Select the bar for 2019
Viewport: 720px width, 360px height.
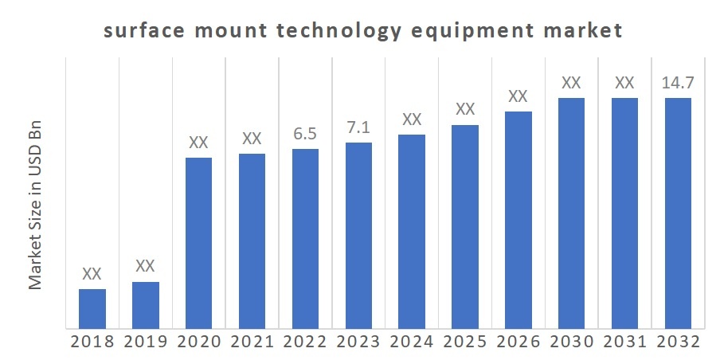coord(146,304)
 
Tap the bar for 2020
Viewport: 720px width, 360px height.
coord(198,242)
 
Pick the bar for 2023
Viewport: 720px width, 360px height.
coord(358,235)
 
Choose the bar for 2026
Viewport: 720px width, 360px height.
coord(518,219)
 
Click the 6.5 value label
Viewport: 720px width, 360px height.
coord(305,134)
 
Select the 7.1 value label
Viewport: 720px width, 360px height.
coord(358,127)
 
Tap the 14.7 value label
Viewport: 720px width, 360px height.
coord(678,82)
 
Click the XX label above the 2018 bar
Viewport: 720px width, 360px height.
coord(92,274)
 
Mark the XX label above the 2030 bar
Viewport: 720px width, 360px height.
coord(571,82)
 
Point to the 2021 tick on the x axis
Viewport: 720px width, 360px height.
coord(252,342)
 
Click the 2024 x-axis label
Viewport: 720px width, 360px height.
coord(412,342)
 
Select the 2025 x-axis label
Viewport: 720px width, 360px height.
coord(465,342)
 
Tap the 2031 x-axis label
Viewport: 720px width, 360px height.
coord(624,342)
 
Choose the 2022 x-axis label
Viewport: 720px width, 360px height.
coord(305,342)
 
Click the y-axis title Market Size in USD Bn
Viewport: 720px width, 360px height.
coord(36,206)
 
